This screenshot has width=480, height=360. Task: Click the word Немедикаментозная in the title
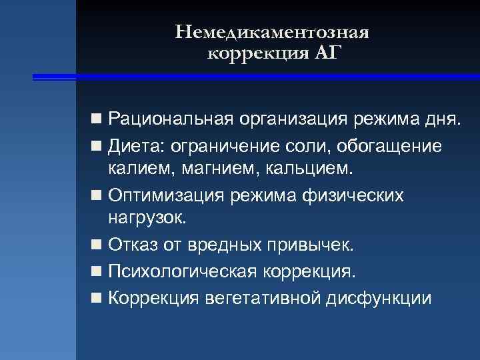(x=273, y=32)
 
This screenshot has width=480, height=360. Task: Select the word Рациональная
(x=178, y=121)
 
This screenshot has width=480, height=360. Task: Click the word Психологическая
(x=180, y=271)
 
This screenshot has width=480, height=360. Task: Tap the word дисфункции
(x=379, y=297)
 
